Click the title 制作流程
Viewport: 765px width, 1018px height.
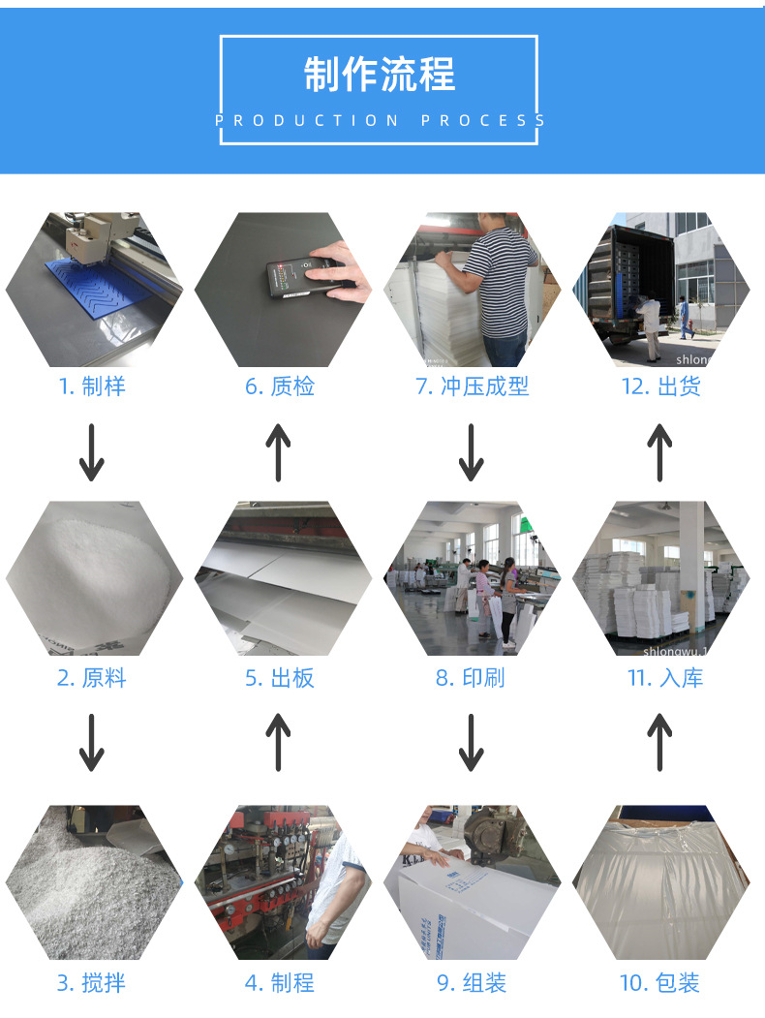tap(380, 75)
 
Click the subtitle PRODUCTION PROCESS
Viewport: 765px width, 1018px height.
tap(380, 121)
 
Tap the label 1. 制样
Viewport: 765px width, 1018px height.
tap(92, 386)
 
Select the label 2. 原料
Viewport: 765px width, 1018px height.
tap(92, 678)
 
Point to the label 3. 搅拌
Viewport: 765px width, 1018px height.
tap(92, 983)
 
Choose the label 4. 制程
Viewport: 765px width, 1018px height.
tap(279, 983)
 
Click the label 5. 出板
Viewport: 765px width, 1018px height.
tap(279, 678)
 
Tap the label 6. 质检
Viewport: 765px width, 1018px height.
tap(279, 386)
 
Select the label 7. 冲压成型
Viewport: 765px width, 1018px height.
tap(472, 386)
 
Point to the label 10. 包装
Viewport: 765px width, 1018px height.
tap(659, 983)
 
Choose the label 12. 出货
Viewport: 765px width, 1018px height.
tap(660, 386)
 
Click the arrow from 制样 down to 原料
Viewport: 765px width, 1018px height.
tap(92, 452)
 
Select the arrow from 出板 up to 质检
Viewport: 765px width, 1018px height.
tap(279, 452)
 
